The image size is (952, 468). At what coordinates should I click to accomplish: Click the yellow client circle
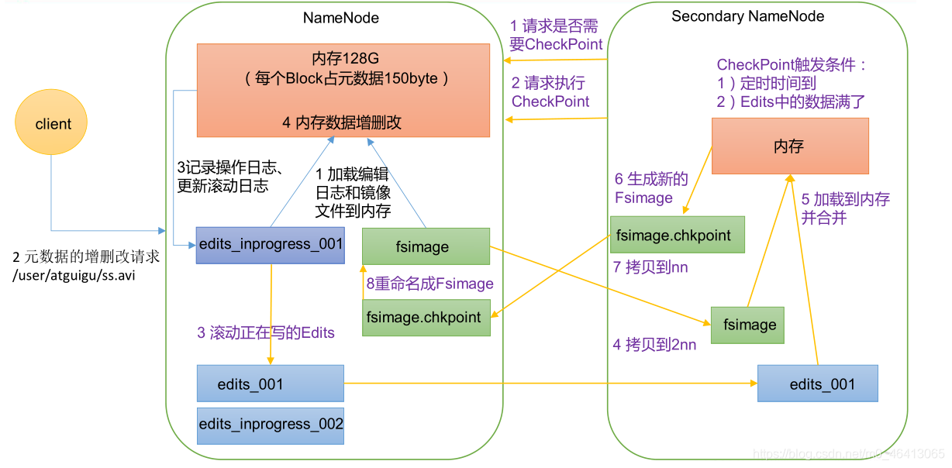pyautogui.click(x=52, y=124)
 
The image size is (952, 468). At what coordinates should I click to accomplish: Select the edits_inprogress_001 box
pyautogui.click(x=271, y=245)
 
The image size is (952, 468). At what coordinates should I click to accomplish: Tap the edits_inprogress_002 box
pyautogui.click(x=271, y=425)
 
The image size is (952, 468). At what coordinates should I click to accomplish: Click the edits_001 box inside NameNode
pyautogui.click(x=271, y=384)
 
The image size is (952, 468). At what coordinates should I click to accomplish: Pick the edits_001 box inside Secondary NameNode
pyautogui.click(x=818, y=384)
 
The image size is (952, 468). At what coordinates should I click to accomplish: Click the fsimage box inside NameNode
pyautogui.click(x=426, y=247)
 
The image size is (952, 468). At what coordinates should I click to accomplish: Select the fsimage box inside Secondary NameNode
pyautogui.click(x=747, y=325)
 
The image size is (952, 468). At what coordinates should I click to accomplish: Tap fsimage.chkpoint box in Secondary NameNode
pyautogui.click(x=677, y=235)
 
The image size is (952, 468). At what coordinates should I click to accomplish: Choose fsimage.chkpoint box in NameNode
pyautogui.click(x=426, y=317)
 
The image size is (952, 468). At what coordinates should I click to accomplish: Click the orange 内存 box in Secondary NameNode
pyautogui.click(x=789, y=146)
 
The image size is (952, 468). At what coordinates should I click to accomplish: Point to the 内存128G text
pyautogui.click(x=342, y=58)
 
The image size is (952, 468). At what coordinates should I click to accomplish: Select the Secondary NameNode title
pyautogui.click(x=747, y=16)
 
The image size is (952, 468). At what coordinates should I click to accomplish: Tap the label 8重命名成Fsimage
pyautogui.click(x=429, y=284)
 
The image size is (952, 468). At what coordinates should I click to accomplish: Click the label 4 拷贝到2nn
pyautogui.click(x=654, y=345)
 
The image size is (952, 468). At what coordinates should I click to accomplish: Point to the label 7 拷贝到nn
pyautogui.click(x=650, y=267)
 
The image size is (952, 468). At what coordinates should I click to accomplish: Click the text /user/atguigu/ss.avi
pyautogui.click(x=74, y=275)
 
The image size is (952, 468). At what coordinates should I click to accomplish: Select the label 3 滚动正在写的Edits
pyautogui.click(x=266, y=332)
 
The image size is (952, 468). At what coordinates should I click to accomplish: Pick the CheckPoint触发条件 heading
pyautogui.click(x=791, y=65)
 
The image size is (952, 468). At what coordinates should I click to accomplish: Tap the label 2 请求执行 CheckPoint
pyautogui.click(x=550, y=92)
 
